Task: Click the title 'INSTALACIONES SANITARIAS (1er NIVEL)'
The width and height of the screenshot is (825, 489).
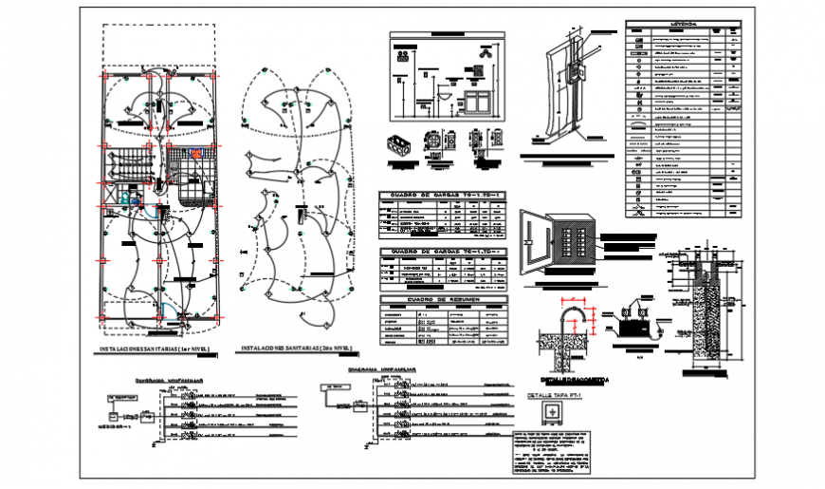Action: [x=154, y=349]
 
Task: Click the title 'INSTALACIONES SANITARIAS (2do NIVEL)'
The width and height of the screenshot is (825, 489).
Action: [x=293, y=349]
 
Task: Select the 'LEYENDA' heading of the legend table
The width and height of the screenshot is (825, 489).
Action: [x=684, y=23]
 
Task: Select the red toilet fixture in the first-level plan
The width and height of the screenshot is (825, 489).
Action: [x=196, y=152]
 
